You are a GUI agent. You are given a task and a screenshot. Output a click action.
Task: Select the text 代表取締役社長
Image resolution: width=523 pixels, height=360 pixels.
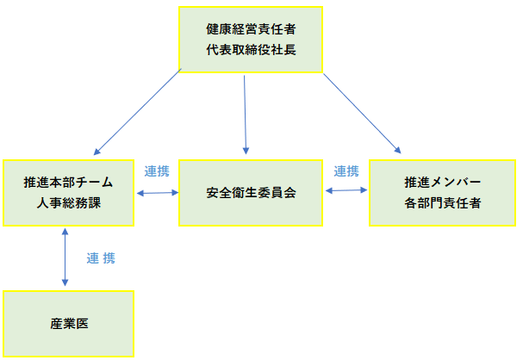251,50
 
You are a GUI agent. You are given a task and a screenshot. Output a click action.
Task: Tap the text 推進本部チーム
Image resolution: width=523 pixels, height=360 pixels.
68,183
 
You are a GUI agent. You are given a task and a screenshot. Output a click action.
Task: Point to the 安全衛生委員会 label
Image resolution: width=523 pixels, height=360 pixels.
251,193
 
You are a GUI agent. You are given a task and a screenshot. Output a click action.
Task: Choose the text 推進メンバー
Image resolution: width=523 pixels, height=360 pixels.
442,183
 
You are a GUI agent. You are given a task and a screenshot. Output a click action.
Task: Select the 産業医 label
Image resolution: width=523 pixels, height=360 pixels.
69,324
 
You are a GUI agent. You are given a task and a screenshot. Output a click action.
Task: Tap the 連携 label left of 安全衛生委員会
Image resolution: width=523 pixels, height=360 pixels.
157,171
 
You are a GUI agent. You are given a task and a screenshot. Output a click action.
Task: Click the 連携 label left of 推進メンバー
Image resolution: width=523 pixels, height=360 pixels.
346,171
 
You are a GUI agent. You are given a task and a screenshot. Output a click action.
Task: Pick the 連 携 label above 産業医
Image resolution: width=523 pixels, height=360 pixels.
101,258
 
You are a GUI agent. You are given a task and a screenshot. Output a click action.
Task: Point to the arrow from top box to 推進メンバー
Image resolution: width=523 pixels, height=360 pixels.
362,113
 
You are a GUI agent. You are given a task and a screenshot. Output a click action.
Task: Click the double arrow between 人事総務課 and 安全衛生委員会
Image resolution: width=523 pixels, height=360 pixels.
157,193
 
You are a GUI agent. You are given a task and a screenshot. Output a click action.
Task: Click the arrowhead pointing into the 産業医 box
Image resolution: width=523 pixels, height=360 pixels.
65,283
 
